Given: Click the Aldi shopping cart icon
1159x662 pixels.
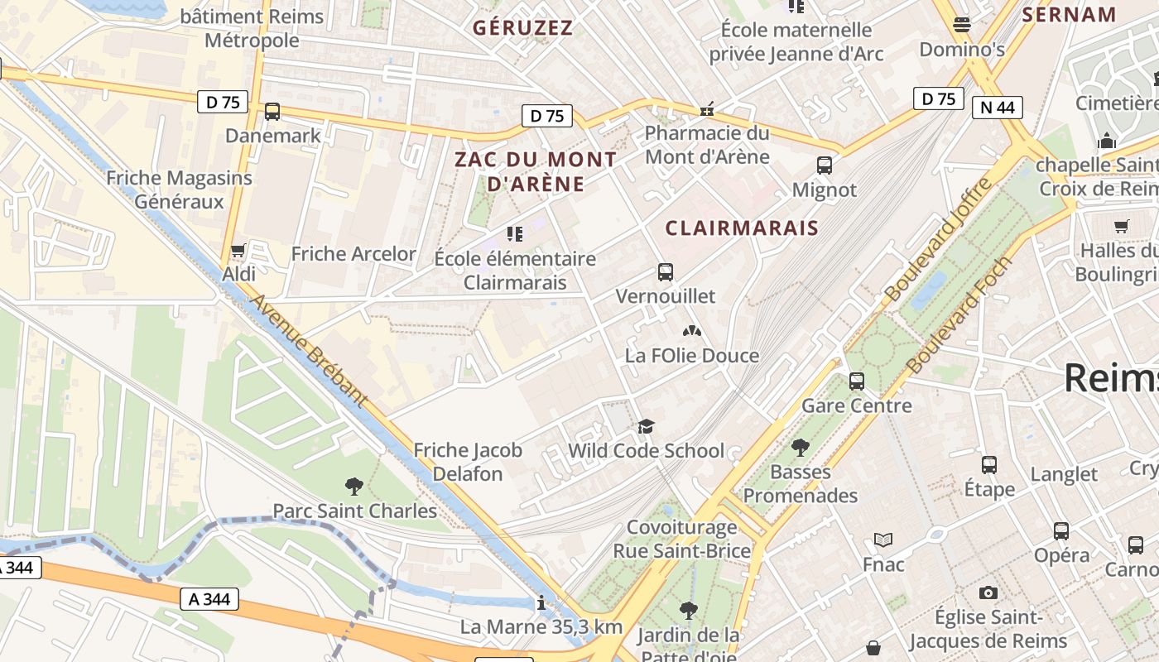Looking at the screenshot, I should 238,250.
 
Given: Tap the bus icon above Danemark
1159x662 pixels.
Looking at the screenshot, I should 272,112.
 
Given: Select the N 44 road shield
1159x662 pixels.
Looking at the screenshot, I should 998,108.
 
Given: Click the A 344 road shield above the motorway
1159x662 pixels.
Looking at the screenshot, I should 209,598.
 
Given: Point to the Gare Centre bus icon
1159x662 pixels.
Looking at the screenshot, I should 857,381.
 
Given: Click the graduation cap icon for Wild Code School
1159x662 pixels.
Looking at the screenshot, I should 646,426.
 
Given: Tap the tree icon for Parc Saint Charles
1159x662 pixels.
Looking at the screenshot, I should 354,486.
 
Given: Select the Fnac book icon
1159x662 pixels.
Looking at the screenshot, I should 883,540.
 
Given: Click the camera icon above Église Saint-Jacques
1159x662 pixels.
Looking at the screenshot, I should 988,592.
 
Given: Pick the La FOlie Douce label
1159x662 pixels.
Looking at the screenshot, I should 692,356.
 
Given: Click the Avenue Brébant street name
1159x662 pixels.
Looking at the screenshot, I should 308,351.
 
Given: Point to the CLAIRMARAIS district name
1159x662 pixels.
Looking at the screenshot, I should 742,228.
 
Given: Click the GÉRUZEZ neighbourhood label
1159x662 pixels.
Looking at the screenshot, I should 522,28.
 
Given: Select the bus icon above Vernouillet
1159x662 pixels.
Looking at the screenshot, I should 665,271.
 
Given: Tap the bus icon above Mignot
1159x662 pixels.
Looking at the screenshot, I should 825,165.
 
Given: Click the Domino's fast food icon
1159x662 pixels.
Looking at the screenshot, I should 961,25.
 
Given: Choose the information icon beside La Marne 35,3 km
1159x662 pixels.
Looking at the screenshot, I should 541,602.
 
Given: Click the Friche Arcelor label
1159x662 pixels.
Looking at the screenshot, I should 353,254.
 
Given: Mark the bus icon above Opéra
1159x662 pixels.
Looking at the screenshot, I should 1061,531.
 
